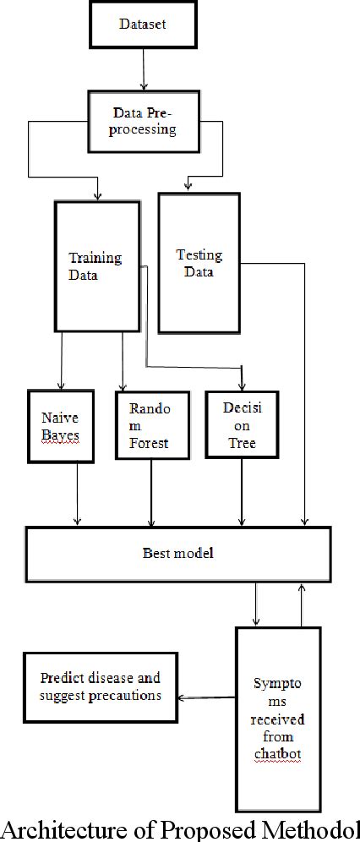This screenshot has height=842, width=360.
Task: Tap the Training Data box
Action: pyautogui.click(x=95, y=265)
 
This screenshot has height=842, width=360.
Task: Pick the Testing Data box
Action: pyautogui.click(x=199, y=262)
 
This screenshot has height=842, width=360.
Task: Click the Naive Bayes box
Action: pyautogui.click(x=59, y=426)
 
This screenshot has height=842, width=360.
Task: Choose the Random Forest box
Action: pyautogui.click(x=150, y=425)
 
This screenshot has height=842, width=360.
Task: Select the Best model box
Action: pyautogui.click(x=177, y=554)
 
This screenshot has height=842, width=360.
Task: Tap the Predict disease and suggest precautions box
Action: pyautogui.click(x=101, y=686)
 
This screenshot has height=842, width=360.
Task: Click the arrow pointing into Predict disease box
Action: pyautogui.click(x=206, y=697)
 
